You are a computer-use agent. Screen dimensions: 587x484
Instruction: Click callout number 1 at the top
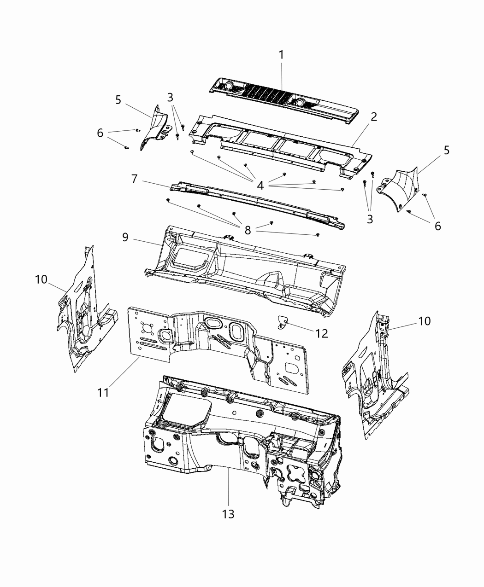point(281,55)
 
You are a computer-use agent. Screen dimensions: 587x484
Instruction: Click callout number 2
point(373,116)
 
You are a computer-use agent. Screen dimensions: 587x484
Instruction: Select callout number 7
point(134,179)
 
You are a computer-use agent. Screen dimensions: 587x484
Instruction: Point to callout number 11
point(103,392)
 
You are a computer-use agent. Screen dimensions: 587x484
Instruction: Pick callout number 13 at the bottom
point(228,514)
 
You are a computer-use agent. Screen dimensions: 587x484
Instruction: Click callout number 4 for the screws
point(260,186)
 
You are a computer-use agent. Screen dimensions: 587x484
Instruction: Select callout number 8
point(248,230)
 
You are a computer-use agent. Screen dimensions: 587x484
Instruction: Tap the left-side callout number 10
point(41,279)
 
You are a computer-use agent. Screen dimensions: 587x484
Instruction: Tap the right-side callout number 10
point(424,321)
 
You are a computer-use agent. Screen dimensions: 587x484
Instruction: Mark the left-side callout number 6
point(100,133)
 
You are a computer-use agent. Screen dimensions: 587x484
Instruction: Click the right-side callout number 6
point(437,226)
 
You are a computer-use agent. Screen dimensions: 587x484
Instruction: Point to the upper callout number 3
point(171,97)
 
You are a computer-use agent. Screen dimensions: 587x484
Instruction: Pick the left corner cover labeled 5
point(154,127)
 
